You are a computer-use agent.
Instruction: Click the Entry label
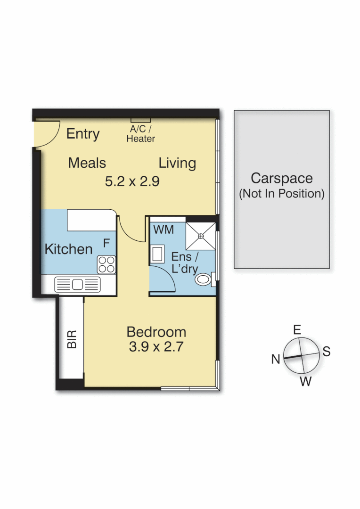(x=83, y=134)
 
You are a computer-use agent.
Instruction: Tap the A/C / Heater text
(x=140, y=134)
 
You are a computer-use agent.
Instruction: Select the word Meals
(x=87, y=163)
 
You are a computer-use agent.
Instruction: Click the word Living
(x=177, y=163)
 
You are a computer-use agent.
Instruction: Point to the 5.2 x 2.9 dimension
(x=132, y=181)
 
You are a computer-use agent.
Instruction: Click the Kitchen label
(x=68, y=249)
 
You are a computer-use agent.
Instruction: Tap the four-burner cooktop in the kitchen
(x=106, y=264)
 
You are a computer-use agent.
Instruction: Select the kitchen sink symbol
(x=78, y=285)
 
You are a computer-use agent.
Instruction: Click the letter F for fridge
(x=106, y=243)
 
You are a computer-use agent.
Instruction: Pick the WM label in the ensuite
(x=164, y=230)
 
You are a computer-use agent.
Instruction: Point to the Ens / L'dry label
(x=184, y=263)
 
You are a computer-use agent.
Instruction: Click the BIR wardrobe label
(x=72, y=339)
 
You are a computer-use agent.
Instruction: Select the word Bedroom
(x=156, y=332)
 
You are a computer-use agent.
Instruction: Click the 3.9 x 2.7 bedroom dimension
(x=155, y=347)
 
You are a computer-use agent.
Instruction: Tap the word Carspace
(x=282, y=179)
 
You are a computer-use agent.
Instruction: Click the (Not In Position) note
(x=282, y=193)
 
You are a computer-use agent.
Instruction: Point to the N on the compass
(x=276, y=360)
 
